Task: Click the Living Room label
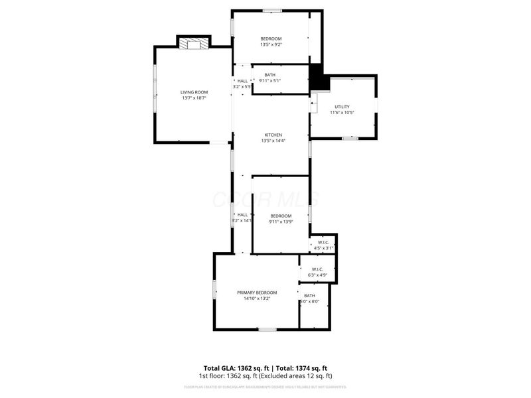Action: [x=194, y=92]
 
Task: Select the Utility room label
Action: [x=342, y=107]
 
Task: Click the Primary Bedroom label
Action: [x=257, y=293]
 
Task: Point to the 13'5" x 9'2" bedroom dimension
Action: [x=270, y=45]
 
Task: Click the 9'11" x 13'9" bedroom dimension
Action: [x=281, y=222]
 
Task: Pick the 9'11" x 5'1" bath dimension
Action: [x=269, y=81]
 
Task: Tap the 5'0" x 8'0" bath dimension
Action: [x=309, y=302]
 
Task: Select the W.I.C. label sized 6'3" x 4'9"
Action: [x=317, y=269]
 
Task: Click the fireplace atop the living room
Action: [x=193, y=43]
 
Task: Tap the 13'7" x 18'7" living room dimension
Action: [x=194, y=98]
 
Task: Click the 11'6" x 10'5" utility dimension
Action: [x=342, y=113]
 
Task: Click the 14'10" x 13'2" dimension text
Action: [x=257, y=298]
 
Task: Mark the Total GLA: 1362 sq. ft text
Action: [x=236, y=367]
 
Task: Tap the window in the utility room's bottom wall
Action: [x=350, y=138]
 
